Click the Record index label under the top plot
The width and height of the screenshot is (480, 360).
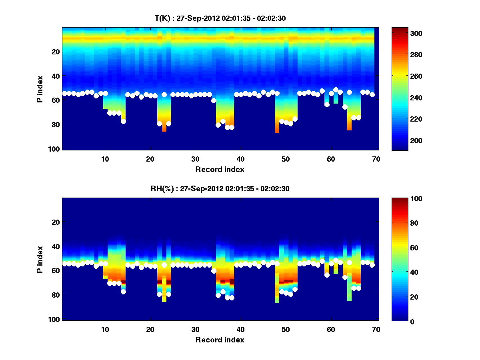(x=220, y=169)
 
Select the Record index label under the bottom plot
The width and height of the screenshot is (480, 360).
(x=220, y=340)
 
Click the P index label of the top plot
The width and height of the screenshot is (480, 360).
(x=40, y=88)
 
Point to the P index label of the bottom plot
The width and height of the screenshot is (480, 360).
(x=40, y=259)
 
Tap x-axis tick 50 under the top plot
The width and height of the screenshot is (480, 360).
(x=286, y=159)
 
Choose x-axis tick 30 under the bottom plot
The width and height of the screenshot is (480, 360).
(x=195, y=329)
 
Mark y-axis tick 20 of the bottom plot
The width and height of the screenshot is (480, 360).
(x=56, y=222)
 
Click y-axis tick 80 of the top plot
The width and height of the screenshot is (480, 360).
(x=56, y=124)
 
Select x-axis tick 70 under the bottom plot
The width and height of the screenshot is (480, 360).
(x=376, y=329)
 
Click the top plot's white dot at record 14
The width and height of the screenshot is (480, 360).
(x=123, y=121)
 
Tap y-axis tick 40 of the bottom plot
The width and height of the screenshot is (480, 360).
(x=56, y=246)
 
